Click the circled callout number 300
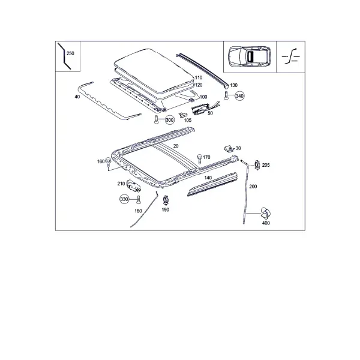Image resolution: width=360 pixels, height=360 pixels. click(170, 120)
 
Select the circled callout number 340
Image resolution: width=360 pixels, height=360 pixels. click(239, 96)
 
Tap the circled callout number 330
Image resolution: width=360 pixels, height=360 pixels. click(124, 199)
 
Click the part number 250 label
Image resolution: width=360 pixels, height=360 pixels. click(70, 53)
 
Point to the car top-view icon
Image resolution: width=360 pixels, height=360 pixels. click(249, 56)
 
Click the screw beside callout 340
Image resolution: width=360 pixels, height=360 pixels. click(226, 95)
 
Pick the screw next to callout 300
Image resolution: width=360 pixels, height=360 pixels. click(157, 119)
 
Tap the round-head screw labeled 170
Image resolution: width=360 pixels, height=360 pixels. click(200, 158)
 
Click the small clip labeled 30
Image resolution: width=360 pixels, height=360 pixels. click(229, 149)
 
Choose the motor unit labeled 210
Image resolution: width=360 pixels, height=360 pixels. click(133, 186)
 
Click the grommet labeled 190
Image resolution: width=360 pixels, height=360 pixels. click(166, 200)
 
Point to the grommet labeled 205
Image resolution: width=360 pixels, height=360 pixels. click(257, 165)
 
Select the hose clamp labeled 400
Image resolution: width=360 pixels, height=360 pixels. click(266, 213)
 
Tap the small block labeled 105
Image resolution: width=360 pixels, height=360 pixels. click(182, 115)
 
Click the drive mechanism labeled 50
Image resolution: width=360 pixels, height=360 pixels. click(201, 109)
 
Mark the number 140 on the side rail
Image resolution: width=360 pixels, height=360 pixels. click(208, 178)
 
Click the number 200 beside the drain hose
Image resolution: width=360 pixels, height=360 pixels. click(253, 187)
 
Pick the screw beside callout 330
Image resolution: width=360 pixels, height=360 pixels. click(138, 200)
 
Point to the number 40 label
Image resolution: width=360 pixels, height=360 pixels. click(77, 97)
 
